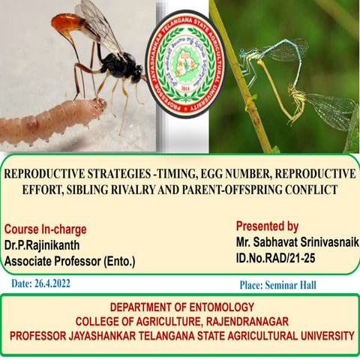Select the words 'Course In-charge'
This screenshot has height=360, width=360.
(45, 229)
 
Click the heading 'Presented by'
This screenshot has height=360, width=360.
(267, 226)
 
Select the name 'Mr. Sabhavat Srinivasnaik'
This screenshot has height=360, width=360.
(292, 241)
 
